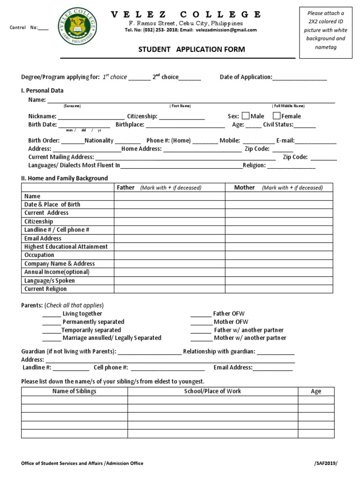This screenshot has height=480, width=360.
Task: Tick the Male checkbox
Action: pos(245,116)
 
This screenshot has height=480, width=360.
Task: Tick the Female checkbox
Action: pos(277,116)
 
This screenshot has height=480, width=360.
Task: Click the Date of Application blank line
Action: pos(300,78)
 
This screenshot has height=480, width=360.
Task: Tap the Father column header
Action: pos(126,187)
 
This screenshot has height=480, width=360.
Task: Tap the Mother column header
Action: pos(244,187)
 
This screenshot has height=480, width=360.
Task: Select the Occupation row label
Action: pos(39,255)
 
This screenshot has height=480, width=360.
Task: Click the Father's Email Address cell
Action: pos(169,238)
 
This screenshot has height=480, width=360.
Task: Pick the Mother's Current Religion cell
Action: pos(279,289)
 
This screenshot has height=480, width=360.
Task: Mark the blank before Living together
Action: pos(52,314)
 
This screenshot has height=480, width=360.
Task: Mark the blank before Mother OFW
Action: pos(201,322)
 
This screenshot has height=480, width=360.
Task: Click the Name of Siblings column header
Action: pos(74,391)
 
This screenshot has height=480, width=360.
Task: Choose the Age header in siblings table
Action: pos(316,391)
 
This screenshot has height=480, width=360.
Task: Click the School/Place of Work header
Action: pos(212,391)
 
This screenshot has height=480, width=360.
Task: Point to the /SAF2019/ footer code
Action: pos(325,463)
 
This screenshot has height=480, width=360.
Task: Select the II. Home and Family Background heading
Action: pos(64,178)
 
